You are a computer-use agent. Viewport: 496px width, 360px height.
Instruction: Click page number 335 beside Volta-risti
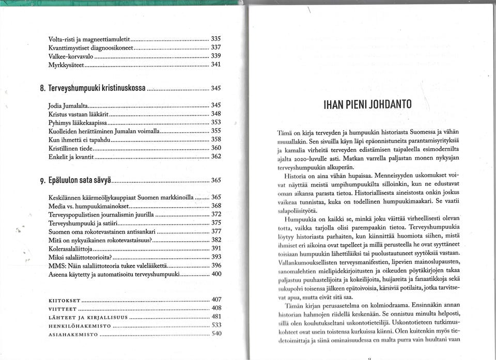pyautogui.click(x=216, y=39)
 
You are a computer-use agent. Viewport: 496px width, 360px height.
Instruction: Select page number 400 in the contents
pyautogui.click(x=216, y=274)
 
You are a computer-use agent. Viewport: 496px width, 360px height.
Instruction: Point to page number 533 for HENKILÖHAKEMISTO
pyautogui.click(x=217, y=325)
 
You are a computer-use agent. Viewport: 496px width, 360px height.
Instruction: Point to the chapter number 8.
pyautogui.click(x=41, y=89)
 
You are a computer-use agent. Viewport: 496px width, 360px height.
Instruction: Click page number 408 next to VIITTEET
pyautogui.click(x=217, y=308)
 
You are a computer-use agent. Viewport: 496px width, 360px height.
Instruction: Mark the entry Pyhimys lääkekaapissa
pyautogui.click(x=78, y=122)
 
